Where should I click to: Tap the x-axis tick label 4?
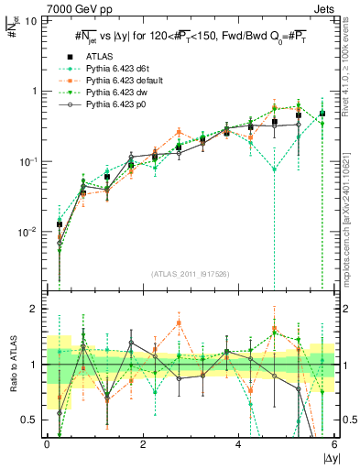click(x=239, y=446)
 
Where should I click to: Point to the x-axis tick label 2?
click(x=143, y=446)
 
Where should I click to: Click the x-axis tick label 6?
click(x=334, y=446)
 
